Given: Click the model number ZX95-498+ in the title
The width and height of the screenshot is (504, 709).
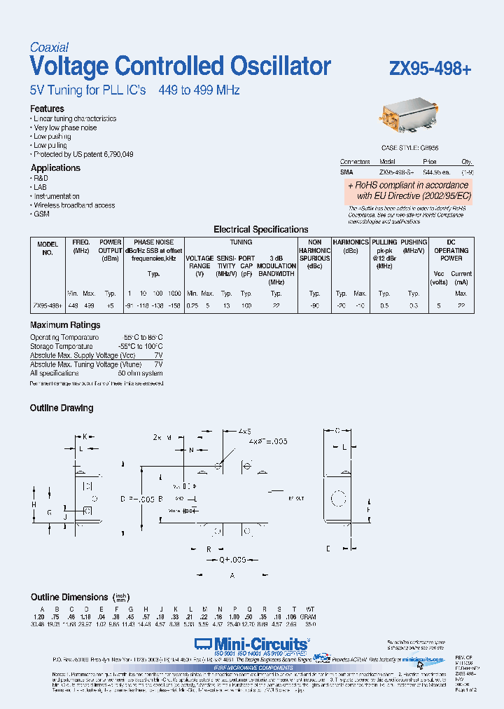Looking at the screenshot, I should pos(430,69).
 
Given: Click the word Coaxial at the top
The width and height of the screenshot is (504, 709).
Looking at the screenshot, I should pos(49,48).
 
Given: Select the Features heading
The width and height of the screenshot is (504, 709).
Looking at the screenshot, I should pos(47,109).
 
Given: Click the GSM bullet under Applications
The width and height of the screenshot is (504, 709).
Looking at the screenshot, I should pos(41,214).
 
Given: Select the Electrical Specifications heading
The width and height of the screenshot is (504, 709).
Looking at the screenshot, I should pos(260,229).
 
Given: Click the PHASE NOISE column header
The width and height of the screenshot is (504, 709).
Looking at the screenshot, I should pos(153,242).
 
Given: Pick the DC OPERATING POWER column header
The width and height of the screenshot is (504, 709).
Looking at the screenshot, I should pos(451,250).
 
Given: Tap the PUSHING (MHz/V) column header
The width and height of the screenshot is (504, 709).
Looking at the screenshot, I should pos(414,245).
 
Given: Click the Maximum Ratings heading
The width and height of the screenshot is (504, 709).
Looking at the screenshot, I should pos(65,325).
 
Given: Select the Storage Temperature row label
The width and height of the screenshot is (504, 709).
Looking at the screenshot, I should pos(62,346).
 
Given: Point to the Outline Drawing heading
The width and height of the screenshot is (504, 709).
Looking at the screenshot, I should pos(62,408).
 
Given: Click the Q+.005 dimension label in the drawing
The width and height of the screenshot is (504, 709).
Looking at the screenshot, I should pos(225,560).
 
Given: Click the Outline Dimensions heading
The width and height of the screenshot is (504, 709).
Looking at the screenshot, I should pos(69,597).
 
